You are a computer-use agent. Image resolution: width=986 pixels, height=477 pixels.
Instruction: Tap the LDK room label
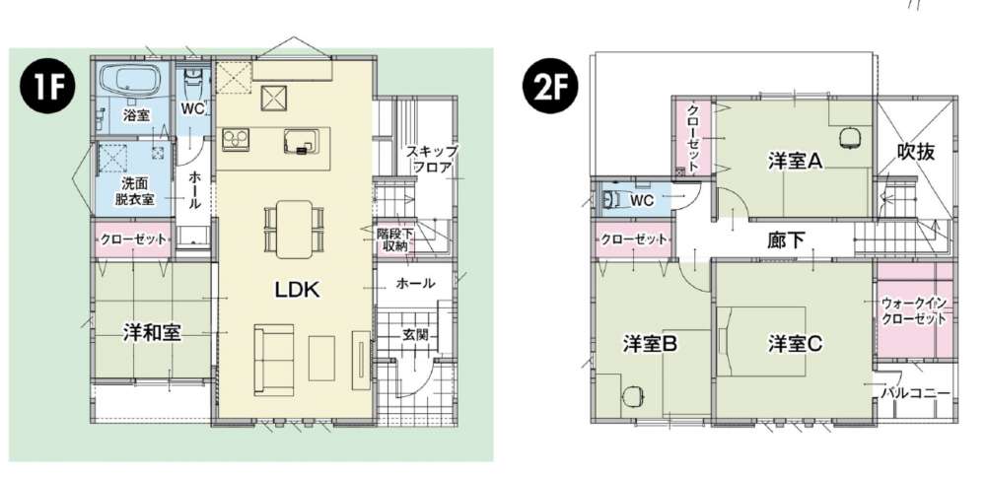297,291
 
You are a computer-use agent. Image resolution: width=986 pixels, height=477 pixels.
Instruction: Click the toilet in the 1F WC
192,81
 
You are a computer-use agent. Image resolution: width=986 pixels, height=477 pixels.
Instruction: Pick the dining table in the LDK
294,230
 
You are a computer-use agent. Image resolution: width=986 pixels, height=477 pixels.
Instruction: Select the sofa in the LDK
274,360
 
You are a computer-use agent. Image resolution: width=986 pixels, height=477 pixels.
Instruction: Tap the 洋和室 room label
152,334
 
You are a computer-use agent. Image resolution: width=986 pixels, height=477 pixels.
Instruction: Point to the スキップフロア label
431,160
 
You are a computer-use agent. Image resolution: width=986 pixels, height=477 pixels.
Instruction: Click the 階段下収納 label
394,239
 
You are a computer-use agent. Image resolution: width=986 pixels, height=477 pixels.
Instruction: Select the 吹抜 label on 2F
916,152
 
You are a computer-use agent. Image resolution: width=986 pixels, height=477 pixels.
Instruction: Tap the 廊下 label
786,239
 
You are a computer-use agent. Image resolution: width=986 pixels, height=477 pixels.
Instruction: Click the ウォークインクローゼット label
914,310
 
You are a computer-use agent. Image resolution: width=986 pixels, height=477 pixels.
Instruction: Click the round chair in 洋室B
632,394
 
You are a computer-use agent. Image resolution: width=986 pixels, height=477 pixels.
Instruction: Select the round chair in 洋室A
850,138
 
